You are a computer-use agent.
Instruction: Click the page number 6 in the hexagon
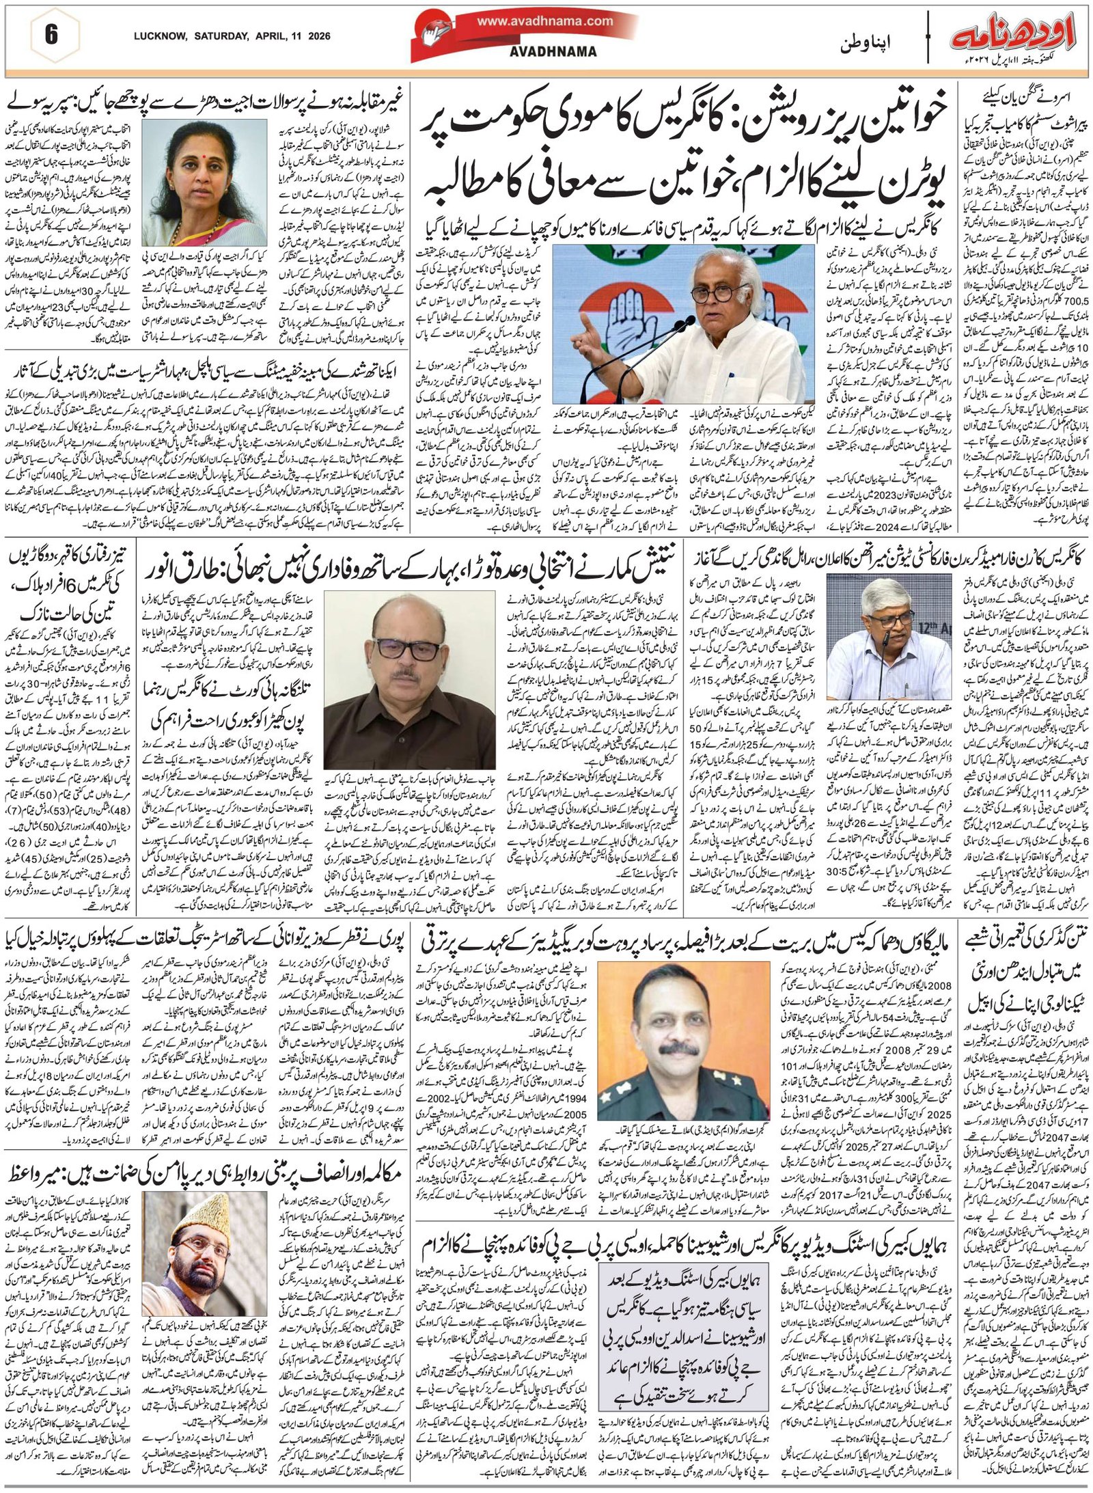click(x=51, y=36)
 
